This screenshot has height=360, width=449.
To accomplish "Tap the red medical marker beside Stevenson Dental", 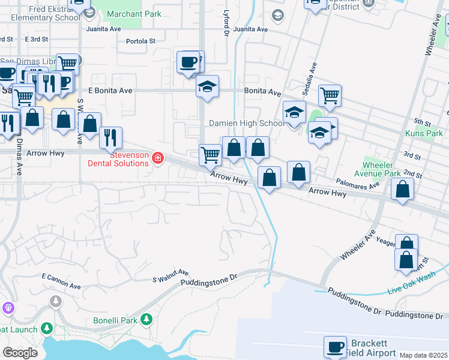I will pyautogui.click(x=158, y=158).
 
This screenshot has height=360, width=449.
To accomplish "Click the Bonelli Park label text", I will pyautogui.click(x=115, y=320).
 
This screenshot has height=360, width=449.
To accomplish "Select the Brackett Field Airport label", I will pyautogui.click(x=370, y=348).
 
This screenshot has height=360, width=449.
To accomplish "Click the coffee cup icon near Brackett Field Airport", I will pyautogui.click(x=335, y=346).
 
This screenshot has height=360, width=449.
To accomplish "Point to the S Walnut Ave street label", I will pyautogui.click(x=170, y=275).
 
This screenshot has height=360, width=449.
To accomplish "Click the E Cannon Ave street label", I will pyautogui.click(x=61, y=281).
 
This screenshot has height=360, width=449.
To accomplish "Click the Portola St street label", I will pyautogui.click(x=141, y=41).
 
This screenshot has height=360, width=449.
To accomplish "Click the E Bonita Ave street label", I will pyautogui.click(x=110, y=91).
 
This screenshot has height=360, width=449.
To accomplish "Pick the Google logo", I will pyautogui.click(x=20, y=353).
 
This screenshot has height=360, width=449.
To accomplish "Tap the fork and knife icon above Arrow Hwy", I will pyautogui.click(x=110, y=137).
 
